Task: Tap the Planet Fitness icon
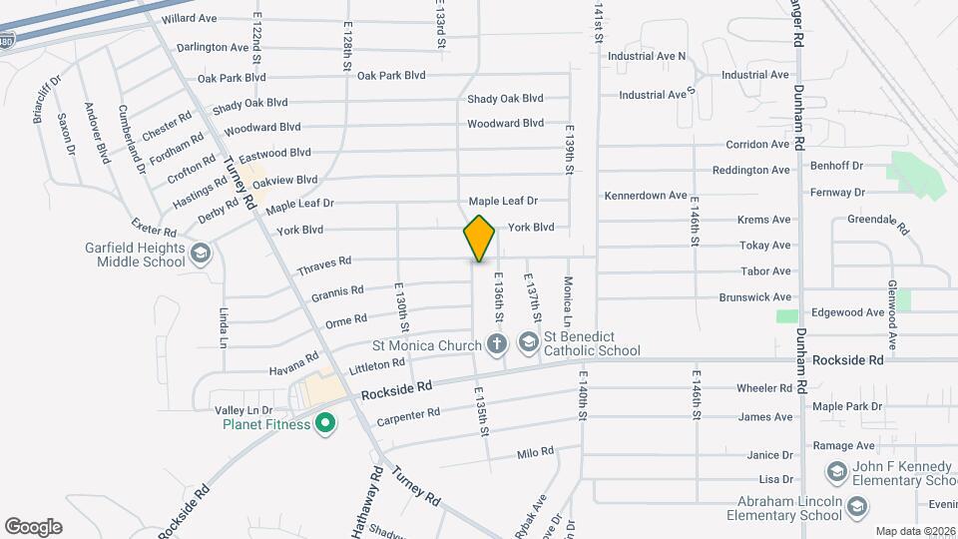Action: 324,425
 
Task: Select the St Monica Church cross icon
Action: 497,345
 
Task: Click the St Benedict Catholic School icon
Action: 527,345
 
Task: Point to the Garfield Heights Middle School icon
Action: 200,254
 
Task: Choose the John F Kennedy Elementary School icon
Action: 836,470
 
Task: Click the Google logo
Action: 33,526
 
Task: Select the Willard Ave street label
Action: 189,19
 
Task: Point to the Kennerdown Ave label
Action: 646,196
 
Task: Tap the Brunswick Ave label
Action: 754,297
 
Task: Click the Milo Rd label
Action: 535,453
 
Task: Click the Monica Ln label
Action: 567,301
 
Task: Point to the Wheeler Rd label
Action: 763,388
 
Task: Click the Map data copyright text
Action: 915,531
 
